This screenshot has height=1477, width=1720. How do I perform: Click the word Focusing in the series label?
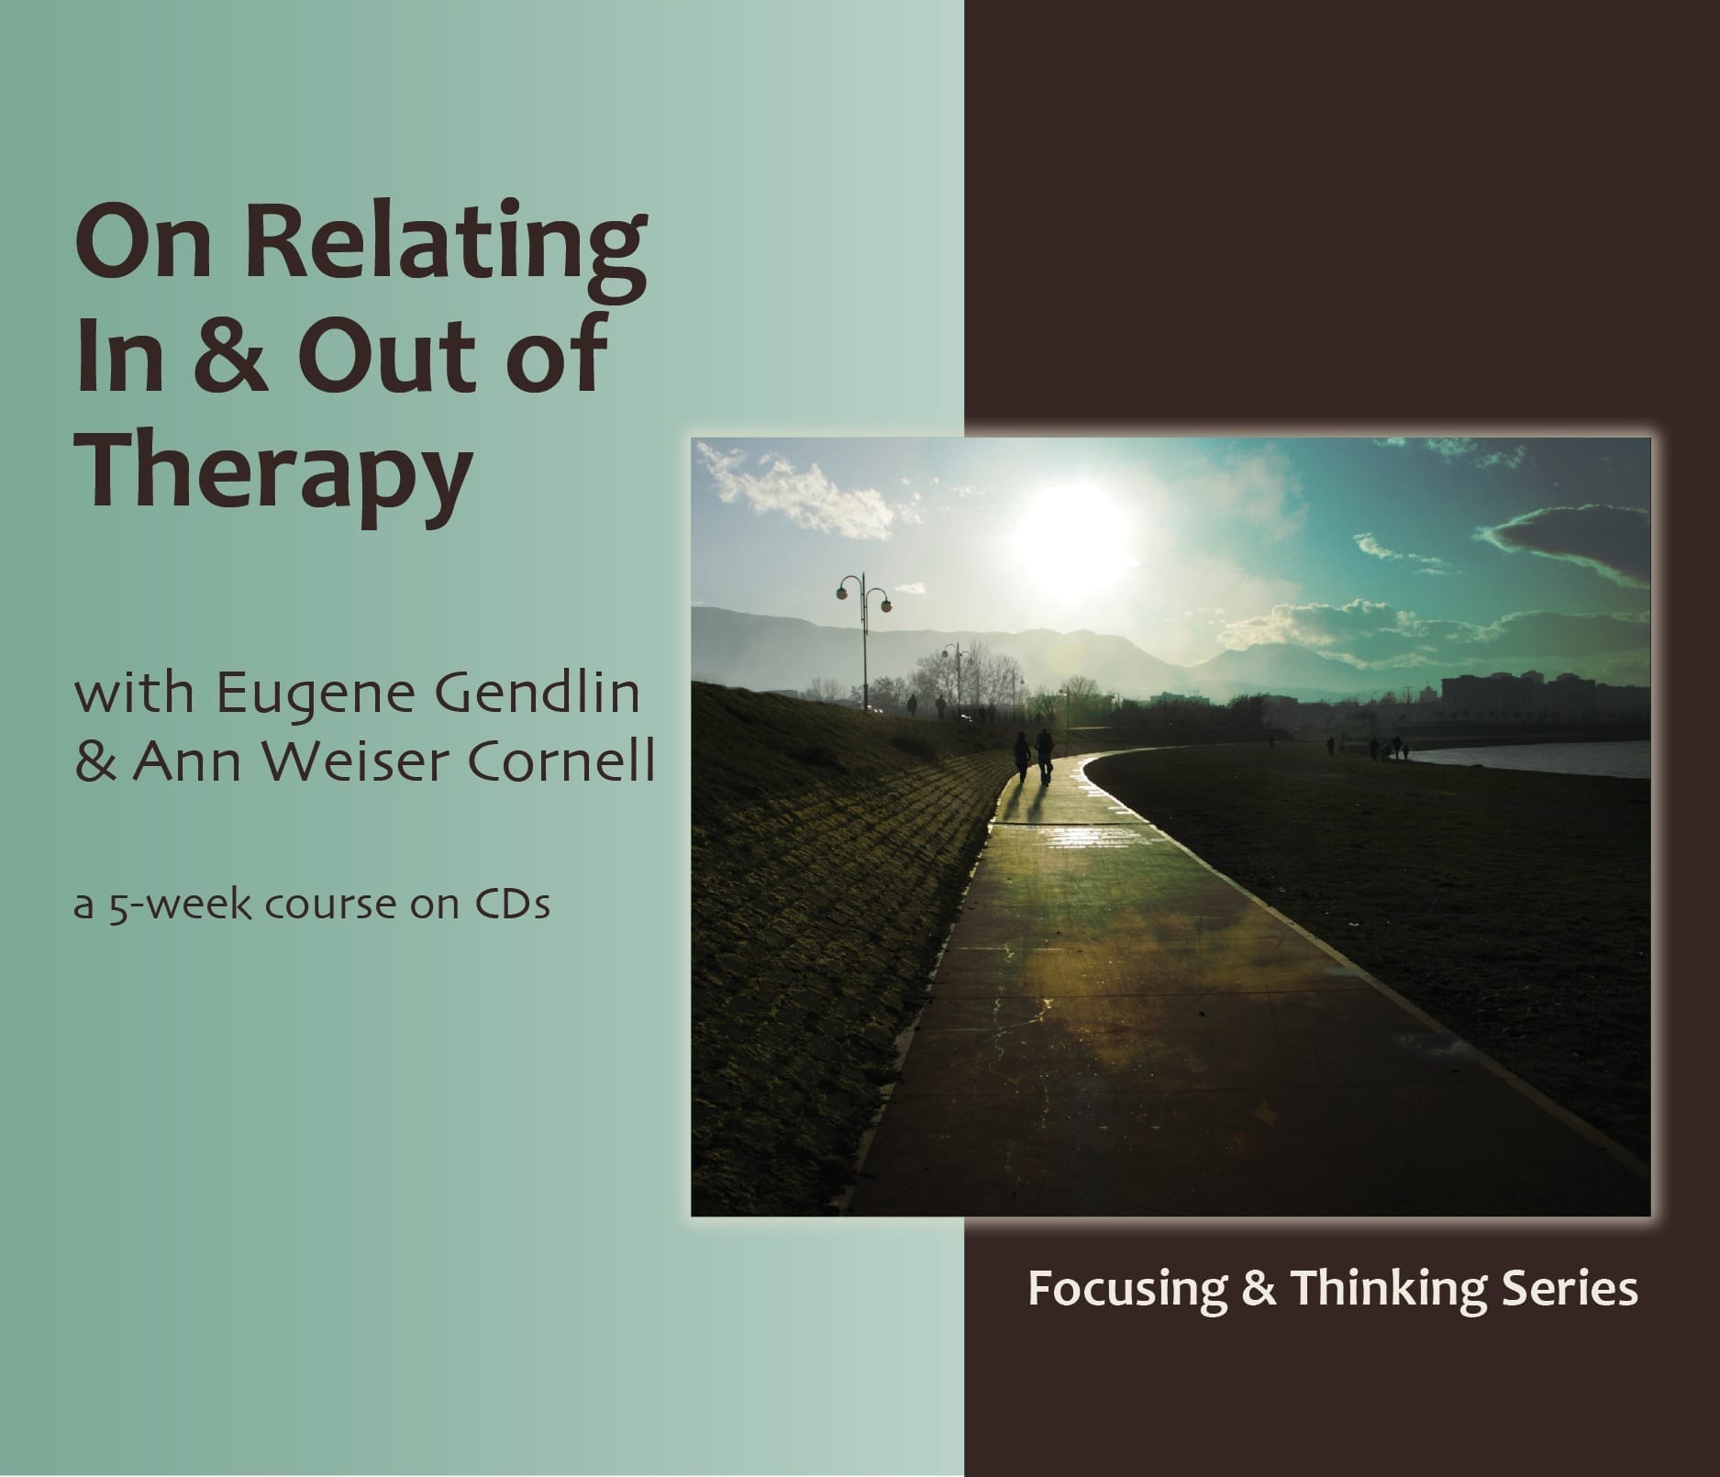[x=1126, y=1289]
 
